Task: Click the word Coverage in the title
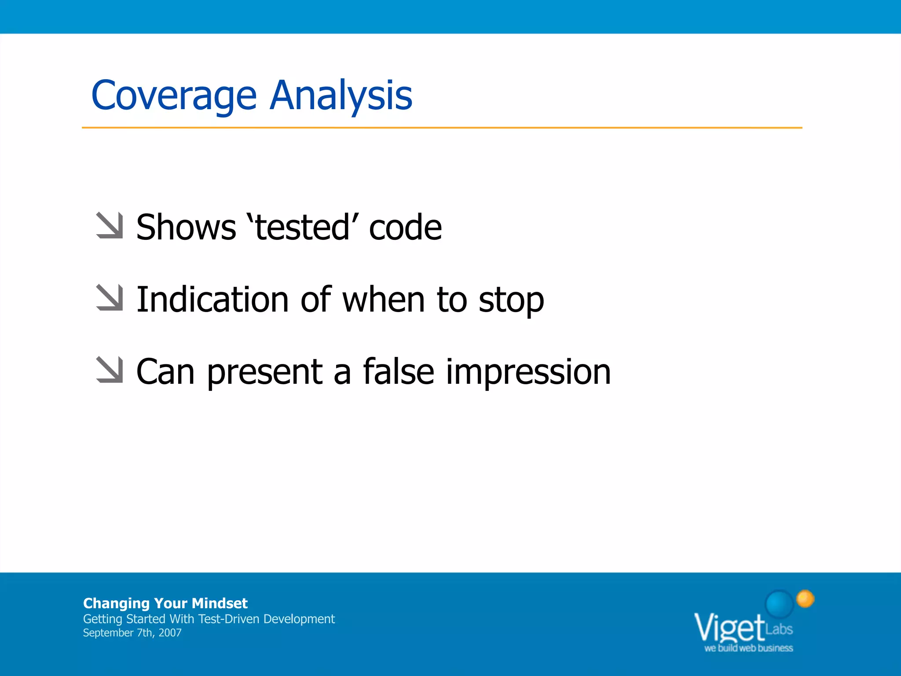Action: [174, 96]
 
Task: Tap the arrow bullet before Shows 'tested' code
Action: [110, 226]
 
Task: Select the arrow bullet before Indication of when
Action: [110, 298]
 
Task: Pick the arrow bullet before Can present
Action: [110, 370]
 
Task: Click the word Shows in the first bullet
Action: [186, 228]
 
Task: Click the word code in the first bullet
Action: [405, 228]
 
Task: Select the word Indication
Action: [212, 300]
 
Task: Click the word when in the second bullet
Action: [383, 300]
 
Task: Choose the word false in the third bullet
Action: [399, 372]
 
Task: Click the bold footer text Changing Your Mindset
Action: [165, 603]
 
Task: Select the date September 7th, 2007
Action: [132, 633]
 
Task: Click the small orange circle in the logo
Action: [805, 599]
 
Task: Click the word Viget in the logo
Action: [729, 628]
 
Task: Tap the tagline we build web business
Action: [748, 648]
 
